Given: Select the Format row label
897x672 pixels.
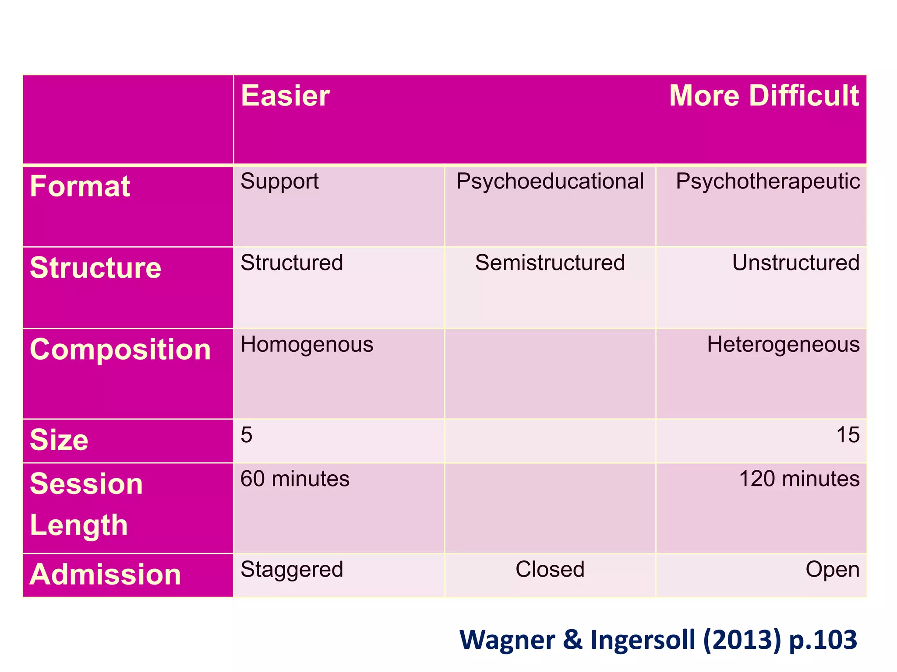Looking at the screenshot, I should tap(80, 186).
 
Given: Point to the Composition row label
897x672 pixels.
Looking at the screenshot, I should tap(120, 350).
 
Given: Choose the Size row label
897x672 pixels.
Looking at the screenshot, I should tap(59, 440).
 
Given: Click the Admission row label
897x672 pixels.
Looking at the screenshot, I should tap(105, 574).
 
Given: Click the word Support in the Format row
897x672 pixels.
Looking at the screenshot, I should tap(279, 182).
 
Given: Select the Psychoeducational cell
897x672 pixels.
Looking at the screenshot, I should tap(550, 182).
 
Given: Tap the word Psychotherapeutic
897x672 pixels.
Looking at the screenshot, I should tap(767, 182).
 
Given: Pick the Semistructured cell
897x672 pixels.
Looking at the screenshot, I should tap(550, 263).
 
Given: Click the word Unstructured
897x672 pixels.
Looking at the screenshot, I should tap(795, 263).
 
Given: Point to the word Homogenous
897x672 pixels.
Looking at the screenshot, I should tap(307, 344).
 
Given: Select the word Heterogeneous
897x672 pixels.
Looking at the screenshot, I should tap(783, 344).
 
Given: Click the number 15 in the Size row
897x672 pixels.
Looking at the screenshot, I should tap(848, 435).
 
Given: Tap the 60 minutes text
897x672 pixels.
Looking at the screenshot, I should tap(295, 479).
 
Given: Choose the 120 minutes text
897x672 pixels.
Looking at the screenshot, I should tap(799, 479).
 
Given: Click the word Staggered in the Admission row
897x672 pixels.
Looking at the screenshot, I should tap(292, 570).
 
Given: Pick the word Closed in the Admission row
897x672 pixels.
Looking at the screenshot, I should tap(550, 570).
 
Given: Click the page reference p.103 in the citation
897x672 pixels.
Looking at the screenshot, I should tap(823, 640).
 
